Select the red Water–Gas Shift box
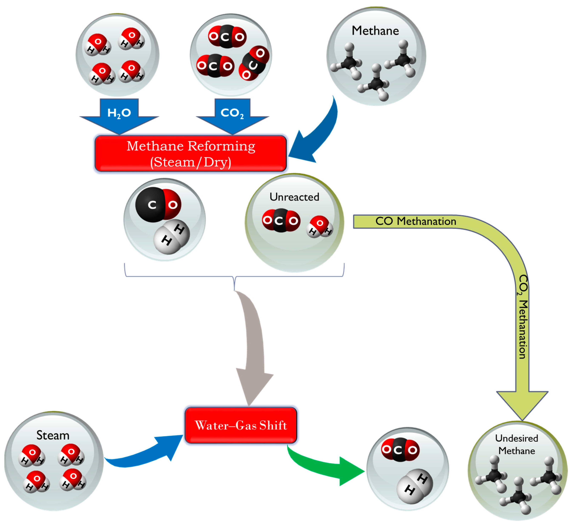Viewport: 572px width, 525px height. coord(241,425)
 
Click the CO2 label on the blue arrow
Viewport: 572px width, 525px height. coord(232,113)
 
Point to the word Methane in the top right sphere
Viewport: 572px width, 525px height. coord(375,31)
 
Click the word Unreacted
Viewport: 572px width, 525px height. coord(294,197)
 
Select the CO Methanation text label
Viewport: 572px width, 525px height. coord(416,221)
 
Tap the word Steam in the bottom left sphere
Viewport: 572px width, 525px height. coord(53,435)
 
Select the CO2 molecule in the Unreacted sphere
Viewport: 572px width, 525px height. coord(281,220)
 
